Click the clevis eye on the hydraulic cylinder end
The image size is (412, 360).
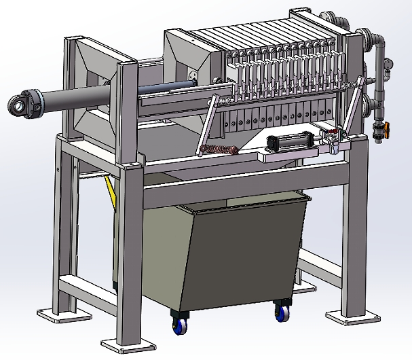[x=18, y=105]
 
